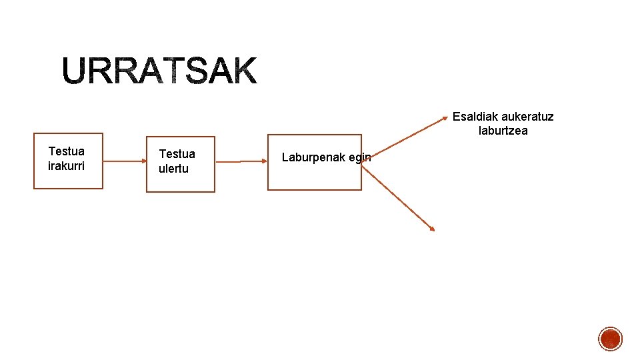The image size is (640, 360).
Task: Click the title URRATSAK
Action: click(160, 71)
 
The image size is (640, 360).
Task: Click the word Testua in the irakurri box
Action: click(67, 151)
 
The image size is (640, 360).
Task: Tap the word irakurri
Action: click(67, 165)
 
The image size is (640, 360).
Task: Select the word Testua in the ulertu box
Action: click(177, 155)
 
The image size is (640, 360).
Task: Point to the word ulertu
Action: click(173, 169)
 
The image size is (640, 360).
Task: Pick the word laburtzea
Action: click(503, 131)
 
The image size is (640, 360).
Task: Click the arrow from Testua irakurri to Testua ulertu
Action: click(125, 161)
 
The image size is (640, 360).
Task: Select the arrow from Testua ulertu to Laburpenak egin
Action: click(241, 161)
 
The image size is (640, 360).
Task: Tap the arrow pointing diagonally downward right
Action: click(398, 198)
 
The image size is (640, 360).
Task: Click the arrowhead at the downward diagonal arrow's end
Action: click(432, 229)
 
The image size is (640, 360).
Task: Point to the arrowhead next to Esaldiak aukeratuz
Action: click(445, 120)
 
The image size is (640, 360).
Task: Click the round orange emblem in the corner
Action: click(610, 339)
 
